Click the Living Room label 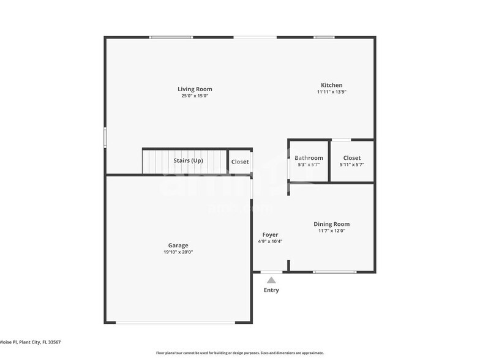[195, 89]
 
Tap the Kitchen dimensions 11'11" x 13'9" [332, 92]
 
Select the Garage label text [178, 246]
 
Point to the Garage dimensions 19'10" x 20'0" [178, 252]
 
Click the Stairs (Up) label [188, 161]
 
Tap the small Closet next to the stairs [240, 162]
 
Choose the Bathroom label [309, 158]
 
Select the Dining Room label [332, 224]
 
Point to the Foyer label [270, 234]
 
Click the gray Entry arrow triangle [271, 280]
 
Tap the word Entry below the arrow [271, 290]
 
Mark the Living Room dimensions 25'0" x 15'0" [195, 96]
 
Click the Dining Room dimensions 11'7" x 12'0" [332, 231]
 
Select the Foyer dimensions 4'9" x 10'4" [270, 241]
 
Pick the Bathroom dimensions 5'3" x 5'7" [309, 165]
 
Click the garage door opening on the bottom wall [178, 322]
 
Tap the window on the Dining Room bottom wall [334, 272]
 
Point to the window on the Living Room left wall [105, 137]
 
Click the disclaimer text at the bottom [239, 353]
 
